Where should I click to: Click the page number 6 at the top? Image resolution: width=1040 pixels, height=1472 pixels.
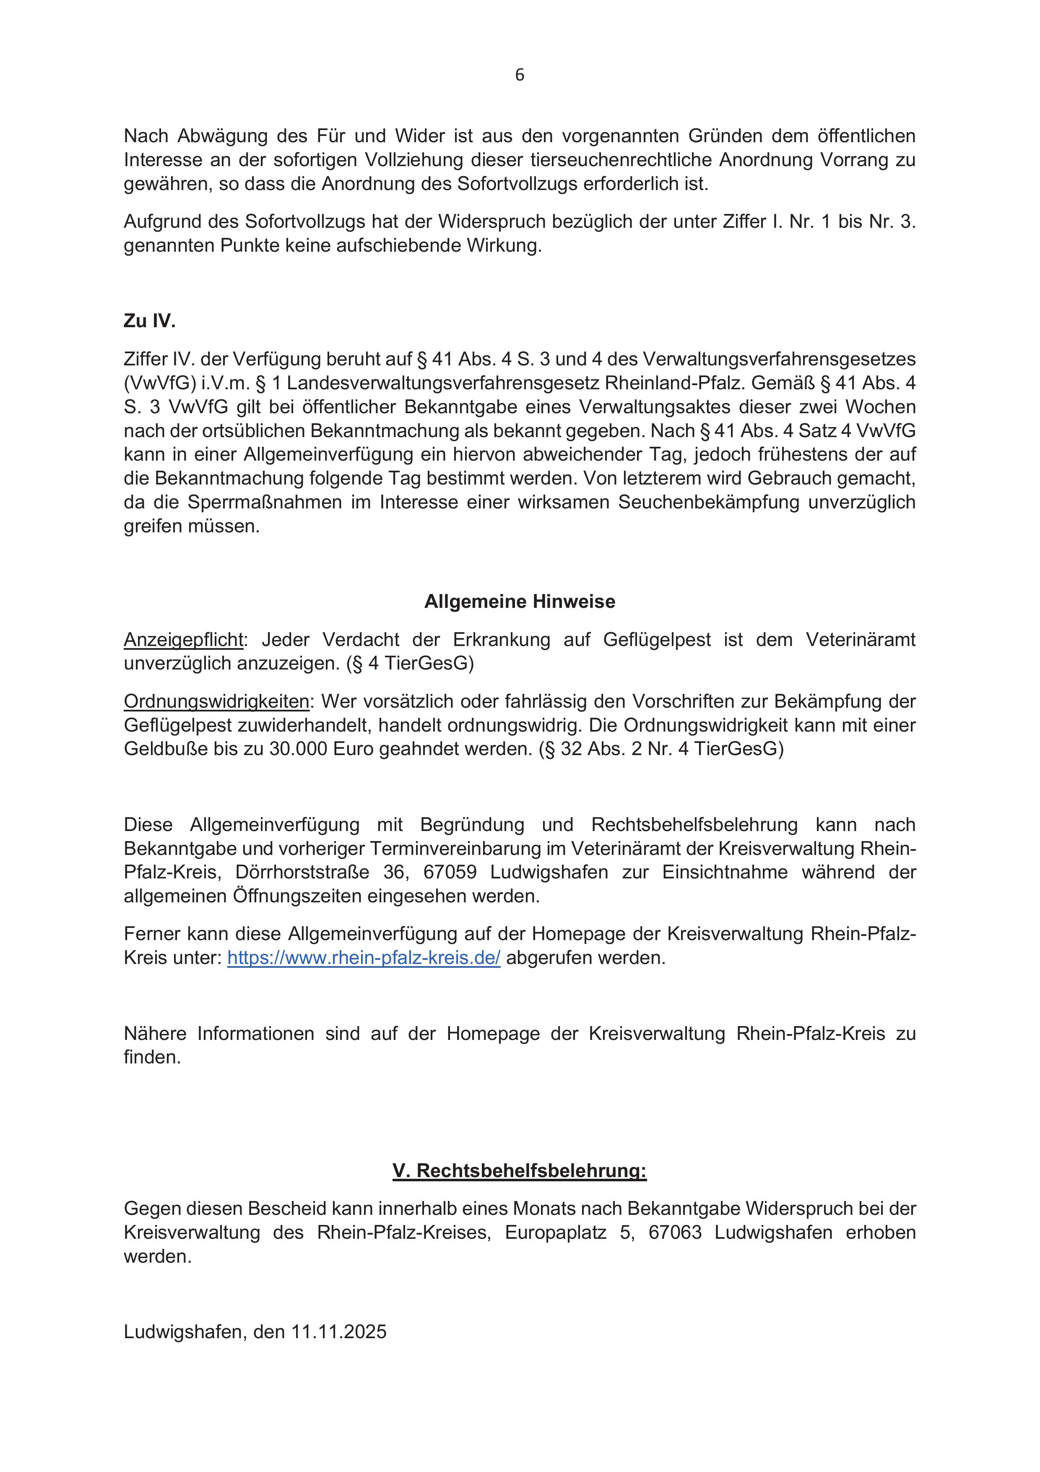520,76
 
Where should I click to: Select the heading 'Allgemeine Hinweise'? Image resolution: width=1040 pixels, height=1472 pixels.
520,602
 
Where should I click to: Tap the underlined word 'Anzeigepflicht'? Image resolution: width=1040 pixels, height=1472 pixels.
183,640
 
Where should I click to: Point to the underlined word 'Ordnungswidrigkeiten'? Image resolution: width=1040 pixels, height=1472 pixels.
216,701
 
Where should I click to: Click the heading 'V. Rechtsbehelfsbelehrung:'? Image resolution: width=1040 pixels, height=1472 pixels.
520,1171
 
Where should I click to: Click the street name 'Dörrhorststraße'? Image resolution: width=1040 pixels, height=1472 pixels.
302,873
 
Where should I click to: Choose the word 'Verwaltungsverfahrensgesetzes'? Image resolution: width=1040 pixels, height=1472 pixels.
779,359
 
